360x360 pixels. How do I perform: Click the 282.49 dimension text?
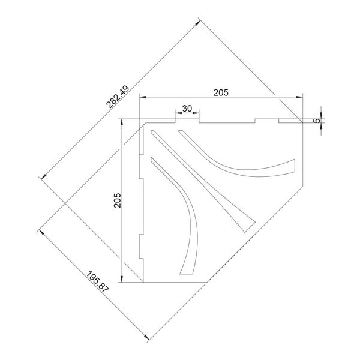coord(118,97)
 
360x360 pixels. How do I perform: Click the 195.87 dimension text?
coord(97,281)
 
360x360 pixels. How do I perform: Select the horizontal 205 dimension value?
coord(221,93)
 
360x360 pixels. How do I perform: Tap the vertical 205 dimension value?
coord(118,200)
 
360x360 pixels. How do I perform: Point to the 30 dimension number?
coord(187,109)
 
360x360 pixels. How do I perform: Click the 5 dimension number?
coord(317,121)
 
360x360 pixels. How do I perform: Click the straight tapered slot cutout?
coord(203,181)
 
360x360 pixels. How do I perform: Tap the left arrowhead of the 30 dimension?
coord(178,113)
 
